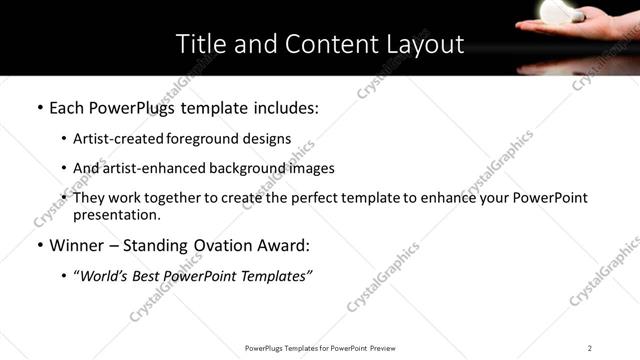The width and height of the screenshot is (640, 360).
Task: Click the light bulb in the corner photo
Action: click(x=555, y=10)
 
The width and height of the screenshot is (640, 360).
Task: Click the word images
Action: click(x=311, y=168)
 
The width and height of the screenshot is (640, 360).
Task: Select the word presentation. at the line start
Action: click(x=116, y=215)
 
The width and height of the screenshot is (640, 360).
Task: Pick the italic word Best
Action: click(x=151, y=275)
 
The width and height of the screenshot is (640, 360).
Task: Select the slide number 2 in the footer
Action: click(x=589, y=347)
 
